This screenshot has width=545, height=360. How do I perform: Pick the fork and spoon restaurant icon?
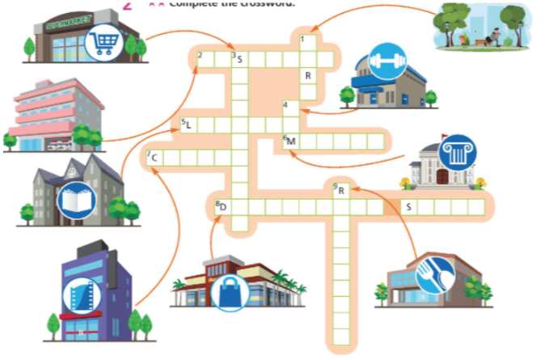click(432, 273)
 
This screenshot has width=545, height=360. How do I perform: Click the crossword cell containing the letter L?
click(188, 125)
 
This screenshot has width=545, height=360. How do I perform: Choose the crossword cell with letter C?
click(154, 157)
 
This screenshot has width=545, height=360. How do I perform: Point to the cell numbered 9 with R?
click(341, 191)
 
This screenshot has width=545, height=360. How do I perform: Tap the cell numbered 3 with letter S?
click(239, 58)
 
